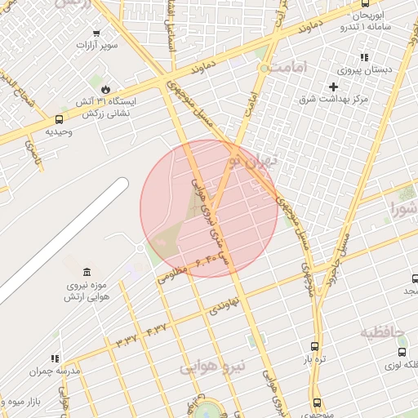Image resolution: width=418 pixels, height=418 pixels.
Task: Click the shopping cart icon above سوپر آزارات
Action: [97, 33]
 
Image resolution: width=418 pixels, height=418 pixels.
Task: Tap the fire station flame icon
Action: [107, 89]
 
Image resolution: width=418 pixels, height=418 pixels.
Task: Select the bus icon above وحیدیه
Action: [60, 119]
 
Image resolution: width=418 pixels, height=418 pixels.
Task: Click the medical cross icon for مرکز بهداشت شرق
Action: [332, 87]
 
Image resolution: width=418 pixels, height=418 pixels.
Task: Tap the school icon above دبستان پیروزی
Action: [364, 57]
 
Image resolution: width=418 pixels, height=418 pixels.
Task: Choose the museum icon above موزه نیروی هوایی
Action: [87, 272]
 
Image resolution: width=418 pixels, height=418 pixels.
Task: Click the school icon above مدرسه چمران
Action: [56, 358]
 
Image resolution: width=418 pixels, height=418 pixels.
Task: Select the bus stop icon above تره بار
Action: [316, 346]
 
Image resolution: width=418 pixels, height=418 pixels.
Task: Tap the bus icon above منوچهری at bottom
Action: [318, 402]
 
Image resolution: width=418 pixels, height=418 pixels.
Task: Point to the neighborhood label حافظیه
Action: [383, 332]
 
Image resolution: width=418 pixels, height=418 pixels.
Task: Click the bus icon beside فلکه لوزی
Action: [402, 352]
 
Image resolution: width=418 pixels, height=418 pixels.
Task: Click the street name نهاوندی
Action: [224, 306]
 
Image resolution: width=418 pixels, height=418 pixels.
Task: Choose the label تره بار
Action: [316, 358]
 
